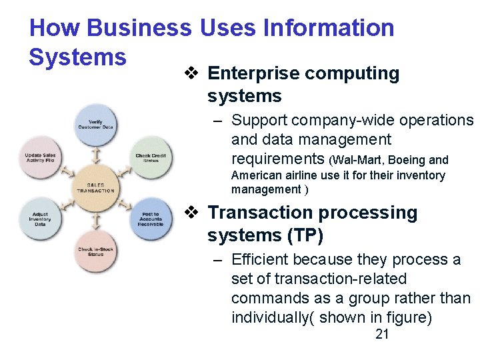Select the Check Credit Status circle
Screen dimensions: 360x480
[x=151, y=157]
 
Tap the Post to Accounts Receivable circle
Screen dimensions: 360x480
[x=151, y=219]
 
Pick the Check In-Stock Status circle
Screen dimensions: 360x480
[x=95, y=251]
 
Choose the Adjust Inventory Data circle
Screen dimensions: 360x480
[x=40, y=219]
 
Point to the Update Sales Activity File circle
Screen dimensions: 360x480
[x=40, y=157]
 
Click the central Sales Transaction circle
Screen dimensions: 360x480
[x=95, y=187]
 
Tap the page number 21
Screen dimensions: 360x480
[x=382, y=335]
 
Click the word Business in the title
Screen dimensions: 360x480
[x=139, y=28]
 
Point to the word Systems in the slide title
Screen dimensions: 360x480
[x=78, y=57]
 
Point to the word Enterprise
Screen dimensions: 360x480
[x=253, y=73]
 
